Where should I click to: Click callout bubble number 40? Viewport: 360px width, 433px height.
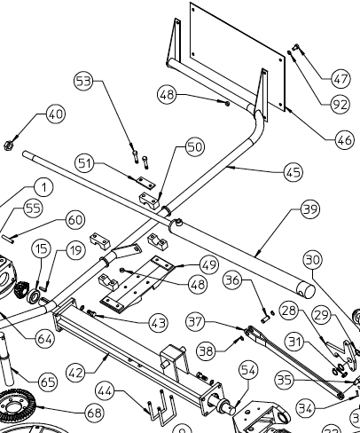point(56,114)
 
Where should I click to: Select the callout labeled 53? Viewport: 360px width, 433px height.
point(83,82)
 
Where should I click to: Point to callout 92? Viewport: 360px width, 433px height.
point(340,105)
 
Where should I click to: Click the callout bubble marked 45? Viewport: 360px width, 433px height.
point(293,169)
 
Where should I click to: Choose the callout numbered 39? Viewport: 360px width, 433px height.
point(309,210)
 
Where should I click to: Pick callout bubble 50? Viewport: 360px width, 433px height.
point(194,146)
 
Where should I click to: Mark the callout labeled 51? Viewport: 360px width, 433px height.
point(85,162)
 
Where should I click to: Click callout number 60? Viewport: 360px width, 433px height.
point(74,220)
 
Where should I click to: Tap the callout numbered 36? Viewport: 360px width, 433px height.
point(232,279)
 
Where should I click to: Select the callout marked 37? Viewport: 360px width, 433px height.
point(196,320)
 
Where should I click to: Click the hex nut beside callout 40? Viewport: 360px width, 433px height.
point(11,142)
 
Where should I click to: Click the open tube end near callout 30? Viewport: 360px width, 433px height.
point(304,289)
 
